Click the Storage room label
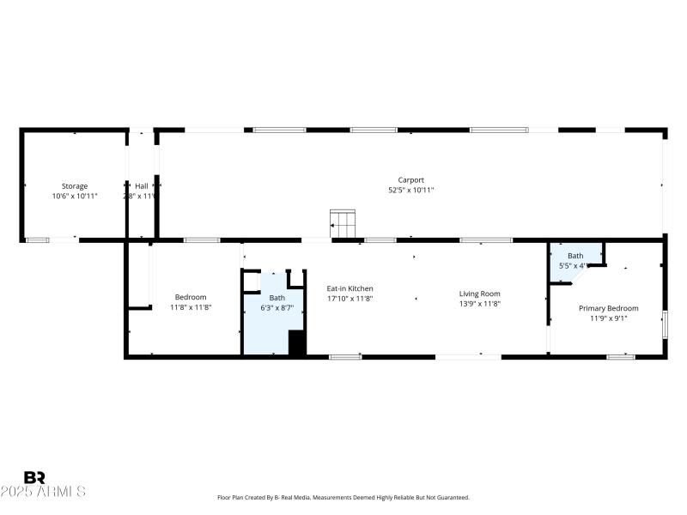click(74, 186)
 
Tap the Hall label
click(141, 186)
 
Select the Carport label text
click(410, 180)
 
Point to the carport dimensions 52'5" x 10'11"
click(410, 191)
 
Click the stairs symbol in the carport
click(343, 224)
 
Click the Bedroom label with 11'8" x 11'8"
click(191, 297)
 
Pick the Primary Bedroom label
click(608, 308)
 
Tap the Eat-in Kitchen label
click(350, 288)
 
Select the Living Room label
click(479, 294)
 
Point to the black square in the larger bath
click(297, 342)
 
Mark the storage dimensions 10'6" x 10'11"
click(74, 197)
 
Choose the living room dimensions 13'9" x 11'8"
click(479, 304)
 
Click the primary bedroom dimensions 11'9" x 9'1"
click(608, 318)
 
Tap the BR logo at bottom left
click(34, 477)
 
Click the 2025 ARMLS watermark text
click(43, 492)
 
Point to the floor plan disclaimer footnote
click(343, 498)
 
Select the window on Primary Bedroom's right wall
click(664, 324)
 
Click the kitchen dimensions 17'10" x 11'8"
click(350, 299)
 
